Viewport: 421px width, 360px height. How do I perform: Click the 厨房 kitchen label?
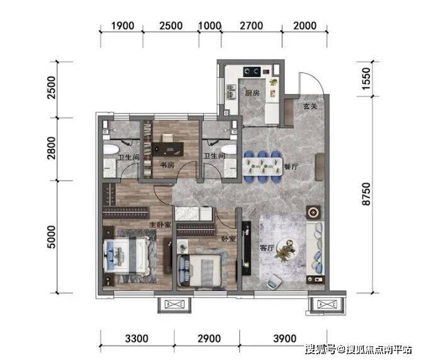pyautogui.click(x=252, y=93)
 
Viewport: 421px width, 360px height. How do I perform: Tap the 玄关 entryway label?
pyautogui.click(x=310, y=106)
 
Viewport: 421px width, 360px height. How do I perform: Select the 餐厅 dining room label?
pyautogui.click(x=291, y=166)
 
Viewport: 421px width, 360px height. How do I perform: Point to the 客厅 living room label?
pyautogui.click(x=266, y=247)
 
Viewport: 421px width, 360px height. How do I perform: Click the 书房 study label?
pyautogui.click(x=167, y=165)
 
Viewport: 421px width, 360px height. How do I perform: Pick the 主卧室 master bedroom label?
pyautogui.click(x=160, y=225)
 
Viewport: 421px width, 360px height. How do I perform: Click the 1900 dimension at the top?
pyautogui.click(x=123, y=26)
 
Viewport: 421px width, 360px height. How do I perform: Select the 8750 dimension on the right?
pyautogui.click(x=366, y=194)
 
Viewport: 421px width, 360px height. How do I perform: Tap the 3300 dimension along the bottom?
pyautogui.click(x=137, y=339)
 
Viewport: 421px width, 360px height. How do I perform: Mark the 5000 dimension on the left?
pyautogui.click(x=51, y=237)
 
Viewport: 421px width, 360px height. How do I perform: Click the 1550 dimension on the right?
pyautogui.click(x=366, y=79)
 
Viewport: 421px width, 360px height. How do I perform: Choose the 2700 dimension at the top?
pyautogui.click(x=251, y=26)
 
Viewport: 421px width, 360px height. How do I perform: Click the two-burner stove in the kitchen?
pyautogui.click(x=252, y=72)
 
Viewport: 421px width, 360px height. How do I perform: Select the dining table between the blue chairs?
pyautogui.click(x=262, y=166)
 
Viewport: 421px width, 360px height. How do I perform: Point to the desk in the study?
pyautogui.click(x=168, y=149)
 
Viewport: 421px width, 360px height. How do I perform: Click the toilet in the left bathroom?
pyautogui.click(x=110, y=150)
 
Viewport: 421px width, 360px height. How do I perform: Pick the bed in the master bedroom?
pyautogui.click(x=126, y=256)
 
